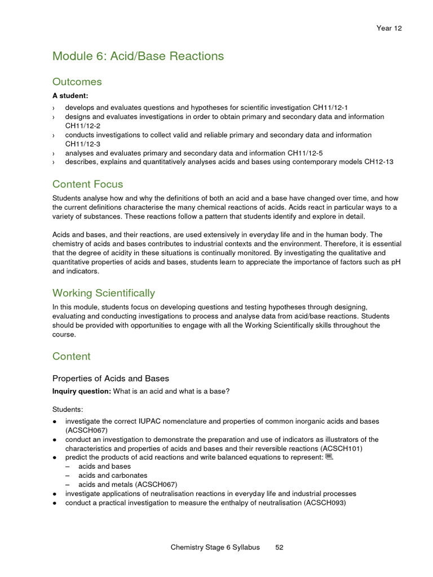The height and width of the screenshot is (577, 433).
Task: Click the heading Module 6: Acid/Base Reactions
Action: tap(138, 56)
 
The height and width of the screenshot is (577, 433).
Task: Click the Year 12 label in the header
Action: tap(389, 28)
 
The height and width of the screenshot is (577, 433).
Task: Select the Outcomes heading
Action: tap(77, 82)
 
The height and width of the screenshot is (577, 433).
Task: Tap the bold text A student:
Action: tap(70, 96)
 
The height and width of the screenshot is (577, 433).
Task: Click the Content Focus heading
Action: tap(87, 184)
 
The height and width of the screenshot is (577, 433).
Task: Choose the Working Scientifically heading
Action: tap(104, 293)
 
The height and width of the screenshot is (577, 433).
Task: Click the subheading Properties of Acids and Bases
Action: tap(111, 379)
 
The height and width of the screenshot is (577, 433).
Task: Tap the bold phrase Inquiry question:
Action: tap(82, 392)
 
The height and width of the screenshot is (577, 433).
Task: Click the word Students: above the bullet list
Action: tap(68, 410)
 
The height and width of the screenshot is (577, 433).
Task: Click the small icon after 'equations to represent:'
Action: tap(330, 457)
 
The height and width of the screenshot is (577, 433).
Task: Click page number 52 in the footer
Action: tap(279, 547)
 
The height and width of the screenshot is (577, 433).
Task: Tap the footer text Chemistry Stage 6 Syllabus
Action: tap(215, 547)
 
